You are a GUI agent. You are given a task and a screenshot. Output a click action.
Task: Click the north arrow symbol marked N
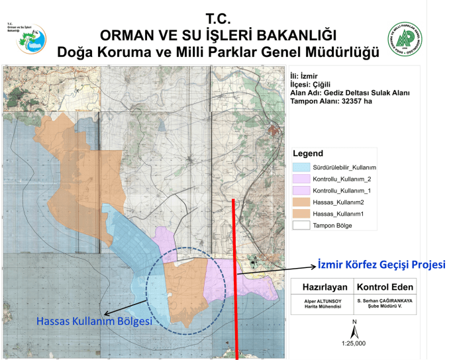click(x=355, y=328)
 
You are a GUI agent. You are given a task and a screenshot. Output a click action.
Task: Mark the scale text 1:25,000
click(x=355, y=343)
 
